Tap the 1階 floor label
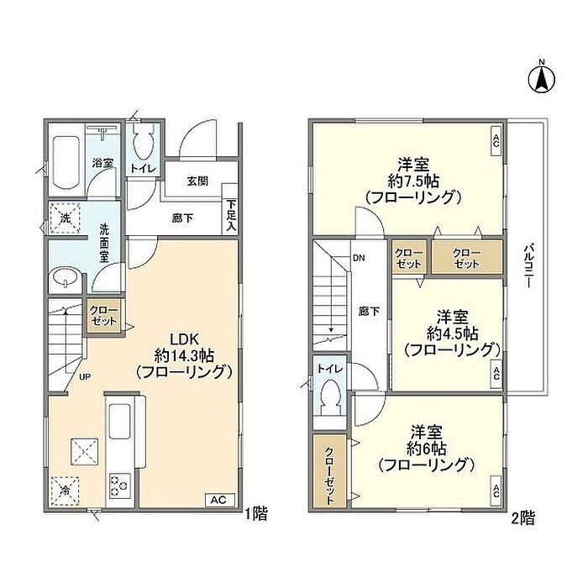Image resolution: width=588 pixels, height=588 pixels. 256,514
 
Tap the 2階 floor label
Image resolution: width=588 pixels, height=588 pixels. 523,518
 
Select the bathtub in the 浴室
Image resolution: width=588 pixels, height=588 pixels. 66,162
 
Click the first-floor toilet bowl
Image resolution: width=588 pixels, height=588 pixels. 144,145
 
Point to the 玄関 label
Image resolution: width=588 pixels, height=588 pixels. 197,181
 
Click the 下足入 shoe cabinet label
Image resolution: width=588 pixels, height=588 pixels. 231,216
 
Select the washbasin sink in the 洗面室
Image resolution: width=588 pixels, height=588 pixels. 66,278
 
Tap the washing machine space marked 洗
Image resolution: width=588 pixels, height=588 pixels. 65,218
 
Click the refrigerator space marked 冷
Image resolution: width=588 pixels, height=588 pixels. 65,491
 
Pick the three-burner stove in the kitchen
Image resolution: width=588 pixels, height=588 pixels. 120,486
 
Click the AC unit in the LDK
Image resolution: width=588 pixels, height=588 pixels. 220,500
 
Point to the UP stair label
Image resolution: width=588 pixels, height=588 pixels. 85,376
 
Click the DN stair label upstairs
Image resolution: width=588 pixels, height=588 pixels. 359,258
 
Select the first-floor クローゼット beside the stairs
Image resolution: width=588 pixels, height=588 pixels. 103,316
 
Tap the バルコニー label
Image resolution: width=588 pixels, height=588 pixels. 528,266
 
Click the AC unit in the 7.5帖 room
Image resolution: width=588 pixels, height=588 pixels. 496,141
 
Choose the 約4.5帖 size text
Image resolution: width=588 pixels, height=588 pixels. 452,333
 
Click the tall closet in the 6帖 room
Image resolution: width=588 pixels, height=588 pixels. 329,470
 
